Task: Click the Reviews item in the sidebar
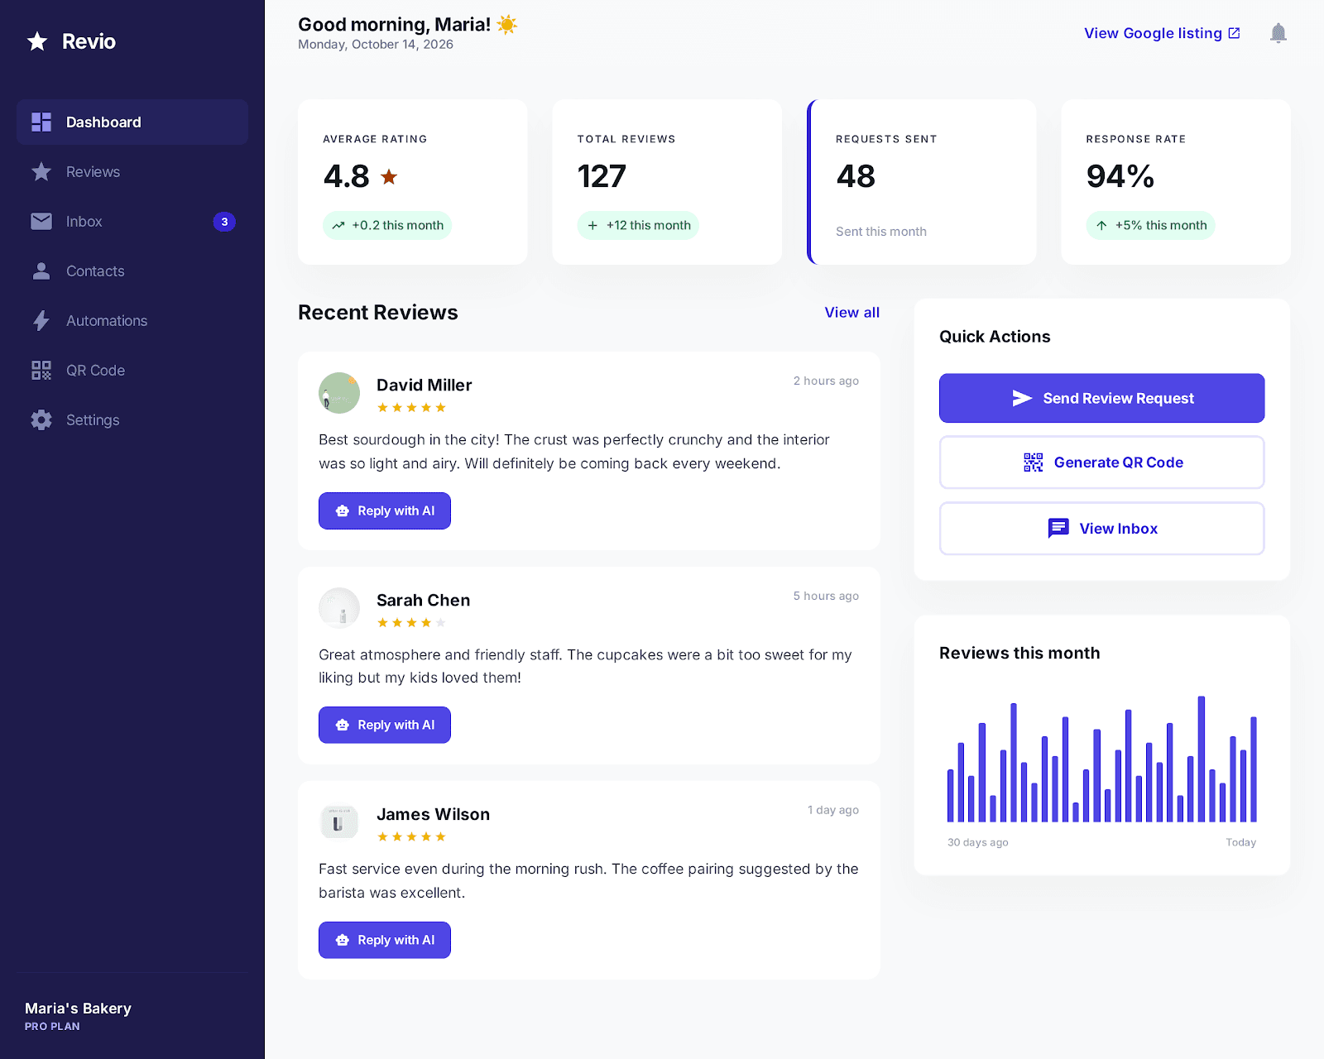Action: [93, 172]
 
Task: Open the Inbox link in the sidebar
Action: [84, 222]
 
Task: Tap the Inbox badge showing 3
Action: [224, 222]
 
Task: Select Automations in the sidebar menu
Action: [106, 321]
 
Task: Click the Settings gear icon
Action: [41, 420]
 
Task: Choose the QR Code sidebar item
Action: [95, 371]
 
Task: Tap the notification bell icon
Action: [1278, 33]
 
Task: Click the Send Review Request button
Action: [1101, 398]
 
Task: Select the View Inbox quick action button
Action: [1101, 529]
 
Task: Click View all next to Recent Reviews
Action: [851, 313]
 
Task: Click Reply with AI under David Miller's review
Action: [385, 511]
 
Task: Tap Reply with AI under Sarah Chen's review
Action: [385, 726]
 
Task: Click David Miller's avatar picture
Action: [339, 393]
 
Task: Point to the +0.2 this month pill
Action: [387, 225]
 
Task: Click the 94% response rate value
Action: [1120, 176]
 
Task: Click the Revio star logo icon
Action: [37, 41]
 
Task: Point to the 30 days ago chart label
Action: [977, 842]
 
